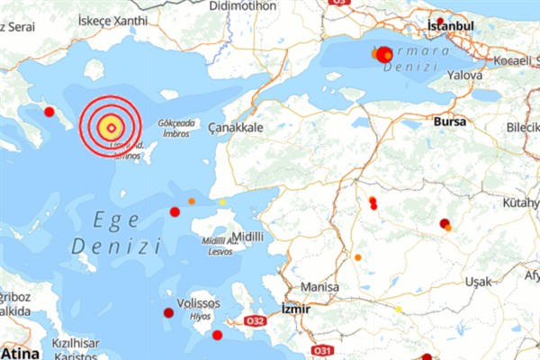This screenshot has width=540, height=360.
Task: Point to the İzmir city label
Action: tap(295, 308)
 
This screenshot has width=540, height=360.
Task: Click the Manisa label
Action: tap(319, 287)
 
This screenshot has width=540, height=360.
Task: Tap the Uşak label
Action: tap(478, 282)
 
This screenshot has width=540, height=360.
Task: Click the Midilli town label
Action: tap(247, 236)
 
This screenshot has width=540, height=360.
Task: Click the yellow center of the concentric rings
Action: tap(110, 127)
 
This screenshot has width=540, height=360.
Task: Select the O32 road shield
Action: tap(255, 320)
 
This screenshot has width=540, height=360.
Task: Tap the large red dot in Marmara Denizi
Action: tap(383, 55)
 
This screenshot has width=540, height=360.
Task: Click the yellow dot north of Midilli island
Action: tap(223, 202)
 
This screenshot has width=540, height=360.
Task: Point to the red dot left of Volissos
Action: tap(168, 312)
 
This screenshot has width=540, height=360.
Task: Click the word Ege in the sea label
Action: tap(110, 220)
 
